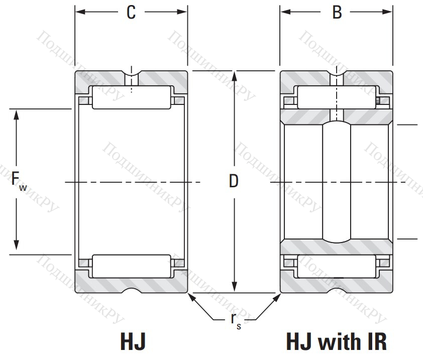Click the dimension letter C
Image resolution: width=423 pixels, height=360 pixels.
(x=131, y=13)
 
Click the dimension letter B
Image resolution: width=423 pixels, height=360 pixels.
(x=337, y=13)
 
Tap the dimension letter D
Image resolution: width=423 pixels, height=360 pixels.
(x=233, y=181)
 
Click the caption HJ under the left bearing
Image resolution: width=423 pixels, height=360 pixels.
(x=133, y=341)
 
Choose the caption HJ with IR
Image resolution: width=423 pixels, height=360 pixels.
(x=337, y=341)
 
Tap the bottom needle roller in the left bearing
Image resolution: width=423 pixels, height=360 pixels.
(x=131, y=266)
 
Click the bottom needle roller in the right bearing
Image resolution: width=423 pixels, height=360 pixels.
(x=337, y=266)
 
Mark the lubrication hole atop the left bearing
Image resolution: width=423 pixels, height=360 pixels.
(x=132, y=76)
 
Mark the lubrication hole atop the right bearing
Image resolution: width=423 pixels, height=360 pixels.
(x=337, y=76)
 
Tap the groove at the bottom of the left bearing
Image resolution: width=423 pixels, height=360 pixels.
(x=132, y=291)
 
